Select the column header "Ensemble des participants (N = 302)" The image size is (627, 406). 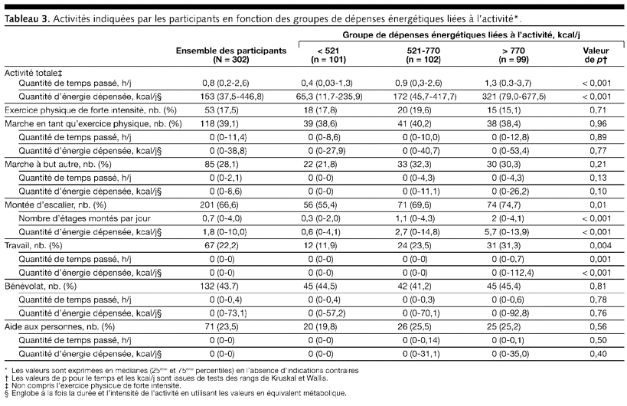[231, 54]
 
